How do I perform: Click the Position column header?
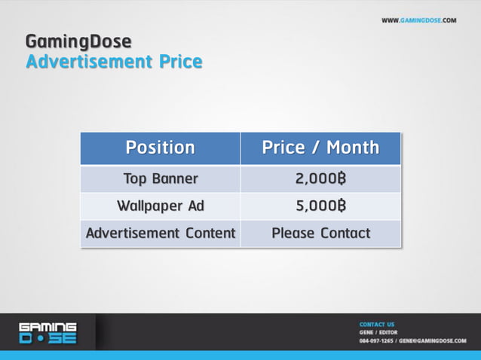(160, 148)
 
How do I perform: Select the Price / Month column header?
(320, 148)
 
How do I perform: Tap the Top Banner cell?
(160, 179)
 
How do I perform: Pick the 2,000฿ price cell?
(320, 179)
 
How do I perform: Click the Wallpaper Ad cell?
(160, 206)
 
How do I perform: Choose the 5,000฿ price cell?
(320, 206)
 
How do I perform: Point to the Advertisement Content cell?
(160, 233)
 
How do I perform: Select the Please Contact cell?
(320, 233)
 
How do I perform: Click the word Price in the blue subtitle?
(179, 61)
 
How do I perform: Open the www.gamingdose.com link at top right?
(418, 20)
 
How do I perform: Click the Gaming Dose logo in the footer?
(47, 332)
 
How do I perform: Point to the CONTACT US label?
(377, 325)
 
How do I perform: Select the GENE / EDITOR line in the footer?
(378, 332)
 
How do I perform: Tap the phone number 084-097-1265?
(376, 340)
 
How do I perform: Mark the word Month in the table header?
(353, 148)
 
